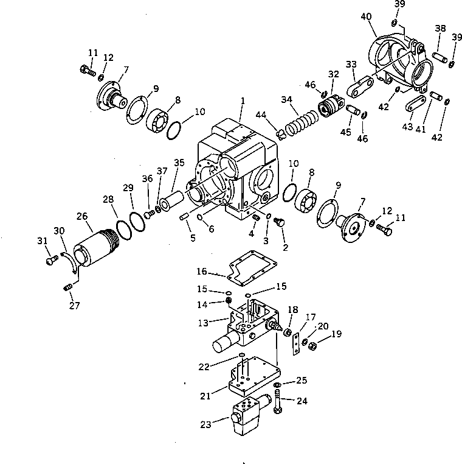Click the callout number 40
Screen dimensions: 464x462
tap(366, 16)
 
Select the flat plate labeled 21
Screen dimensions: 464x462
tap(250, 381)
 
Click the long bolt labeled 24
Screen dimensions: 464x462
tap(277, 405)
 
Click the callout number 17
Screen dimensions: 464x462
tap(310, 316)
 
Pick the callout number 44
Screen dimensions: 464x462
tap(278, 114)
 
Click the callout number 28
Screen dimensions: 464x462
tap(108, 199)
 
